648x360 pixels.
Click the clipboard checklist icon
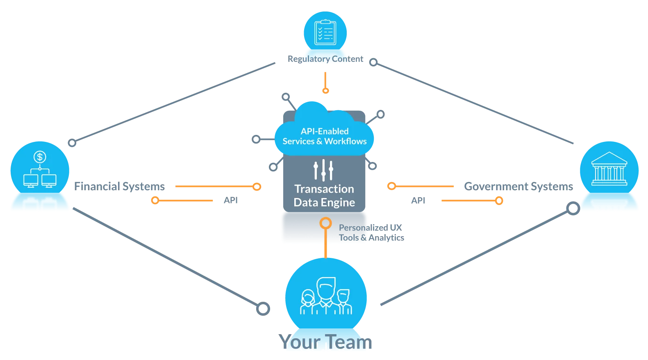(x=325, y=32)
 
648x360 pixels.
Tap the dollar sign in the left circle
(x=40, y=157)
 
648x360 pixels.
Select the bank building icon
(x=609, y=169)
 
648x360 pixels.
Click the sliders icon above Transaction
(x=323, y=170)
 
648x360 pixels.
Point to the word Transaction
(x=324, y=189)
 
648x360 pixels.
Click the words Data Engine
(x=324, y=203)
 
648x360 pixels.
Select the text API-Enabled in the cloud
(x=325, y=131)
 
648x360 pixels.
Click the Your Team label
(x=325, y=342)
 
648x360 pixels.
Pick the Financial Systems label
(x=119, y=187)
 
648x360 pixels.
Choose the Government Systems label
(x=518, y=187)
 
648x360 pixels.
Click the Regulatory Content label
(x=325, y=59)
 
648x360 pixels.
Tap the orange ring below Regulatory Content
(x=326, y=90)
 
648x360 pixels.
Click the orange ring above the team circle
(x=325, y=223)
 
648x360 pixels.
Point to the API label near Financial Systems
(x=231, y=201)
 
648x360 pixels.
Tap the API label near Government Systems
(x=418, y=201)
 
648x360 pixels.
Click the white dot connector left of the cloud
(x=256, y=139)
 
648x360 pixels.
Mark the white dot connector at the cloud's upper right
(x=381, y=114)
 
